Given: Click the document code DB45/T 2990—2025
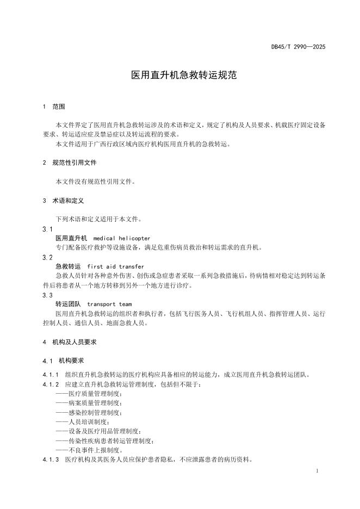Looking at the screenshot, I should coord(298,47).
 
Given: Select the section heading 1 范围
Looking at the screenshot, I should coord(54,107).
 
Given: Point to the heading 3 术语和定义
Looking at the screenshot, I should coord(63,201).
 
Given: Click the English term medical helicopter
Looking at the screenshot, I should coord(122,238).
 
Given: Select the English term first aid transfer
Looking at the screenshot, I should coord(116,266).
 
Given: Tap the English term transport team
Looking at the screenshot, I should coord(109,304).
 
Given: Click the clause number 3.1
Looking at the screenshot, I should coord(47,229).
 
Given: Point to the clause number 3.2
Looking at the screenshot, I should coord(47,257).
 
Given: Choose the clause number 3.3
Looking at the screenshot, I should coord(47,295).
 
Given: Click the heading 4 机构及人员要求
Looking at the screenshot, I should coord(70,342).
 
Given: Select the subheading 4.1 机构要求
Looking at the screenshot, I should coord(63,361).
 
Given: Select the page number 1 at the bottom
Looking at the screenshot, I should coord(316,471).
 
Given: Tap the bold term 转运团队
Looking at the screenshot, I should coord(69,304).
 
